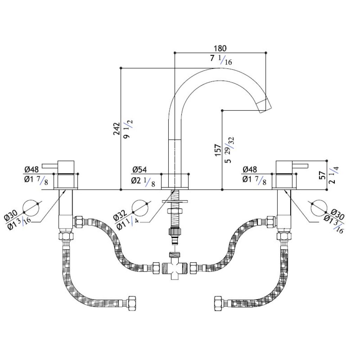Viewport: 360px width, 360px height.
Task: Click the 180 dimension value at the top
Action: (x=220, y=49)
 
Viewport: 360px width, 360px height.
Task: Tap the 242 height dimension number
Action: (x=117, y=129)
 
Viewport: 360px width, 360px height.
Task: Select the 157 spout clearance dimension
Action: (x=218, y=150)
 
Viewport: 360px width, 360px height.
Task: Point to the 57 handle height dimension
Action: (x=323, y=175)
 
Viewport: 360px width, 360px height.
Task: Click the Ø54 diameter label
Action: (x=140, y=170)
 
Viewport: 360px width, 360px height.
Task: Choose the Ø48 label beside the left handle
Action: (x=32, y=170)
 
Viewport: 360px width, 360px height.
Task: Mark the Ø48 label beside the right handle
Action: (x=250, y=170)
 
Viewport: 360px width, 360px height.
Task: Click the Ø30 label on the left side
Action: (x=11, y=216)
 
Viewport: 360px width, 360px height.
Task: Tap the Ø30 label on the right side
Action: (x=337, y=214)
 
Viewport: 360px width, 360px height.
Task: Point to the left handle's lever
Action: (x=50, y=166)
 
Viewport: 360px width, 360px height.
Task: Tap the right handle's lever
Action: (x=300, y=166)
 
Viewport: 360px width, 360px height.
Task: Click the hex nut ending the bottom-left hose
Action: (x=132, y=303)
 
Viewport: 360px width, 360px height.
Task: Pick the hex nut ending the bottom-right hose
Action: (x=218, y=303)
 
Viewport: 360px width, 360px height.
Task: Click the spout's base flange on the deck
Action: (x=175, y=182)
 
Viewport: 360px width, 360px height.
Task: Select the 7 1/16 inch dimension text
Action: (x=221, y=60)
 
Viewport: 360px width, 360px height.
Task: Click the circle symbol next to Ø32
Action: (x=140, y=208)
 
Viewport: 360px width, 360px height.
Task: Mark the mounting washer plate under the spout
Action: (x=175, y=201)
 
